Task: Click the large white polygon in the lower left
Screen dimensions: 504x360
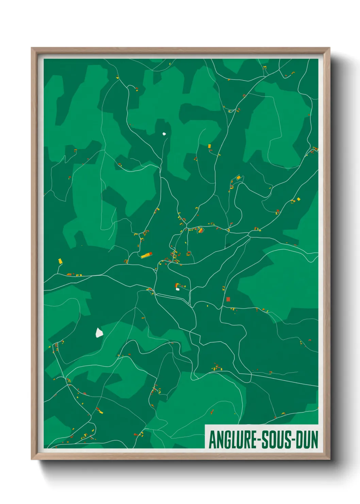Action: [99, 332]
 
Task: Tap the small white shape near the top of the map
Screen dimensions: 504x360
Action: [164, 134]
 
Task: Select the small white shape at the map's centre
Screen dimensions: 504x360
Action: [178, 289]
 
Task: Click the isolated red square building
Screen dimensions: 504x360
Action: [228, 299]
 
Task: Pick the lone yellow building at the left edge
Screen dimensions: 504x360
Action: [60, 261]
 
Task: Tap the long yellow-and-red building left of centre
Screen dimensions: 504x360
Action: [147, 255]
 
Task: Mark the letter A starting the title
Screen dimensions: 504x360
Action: [213, 440]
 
